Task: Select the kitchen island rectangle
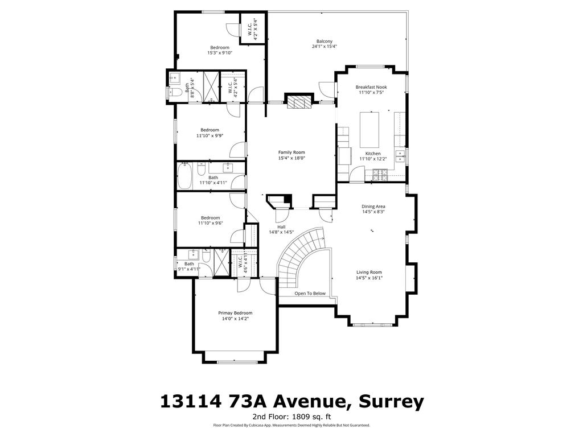369,130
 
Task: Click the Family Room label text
291,152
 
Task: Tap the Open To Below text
310,294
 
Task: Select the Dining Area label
373,207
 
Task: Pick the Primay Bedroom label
235,313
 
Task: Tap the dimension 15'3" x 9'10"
219,53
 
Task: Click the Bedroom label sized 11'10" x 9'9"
210,130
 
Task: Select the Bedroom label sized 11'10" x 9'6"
210,217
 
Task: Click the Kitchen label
373,154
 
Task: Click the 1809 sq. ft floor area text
314,417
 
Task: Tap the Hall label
281,226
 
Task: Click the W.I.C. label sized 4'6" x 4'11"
241,265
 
